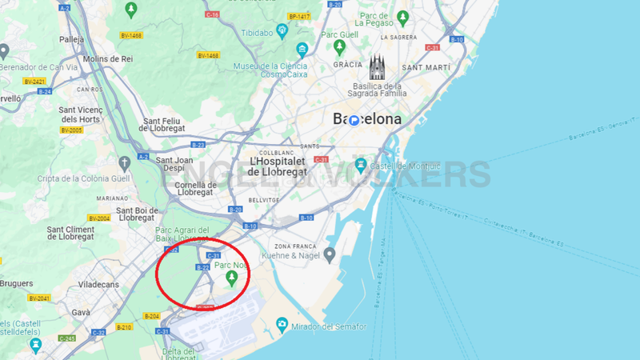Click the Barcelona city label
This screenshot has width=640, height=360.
[367, 119]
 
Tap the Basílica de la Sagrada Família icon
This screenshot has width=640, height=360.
[378, 67]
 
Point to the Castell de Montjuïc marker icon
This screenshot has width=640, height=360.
[361, 165]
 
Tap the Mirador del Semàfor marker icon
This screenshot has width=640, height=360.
[282, 324]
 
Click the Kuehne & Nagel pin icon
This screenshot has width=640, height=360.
[329, 254]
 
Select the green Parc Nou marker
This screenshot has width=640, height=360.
[232, 278]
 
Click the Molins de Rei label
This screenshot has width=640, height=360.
[106, 58]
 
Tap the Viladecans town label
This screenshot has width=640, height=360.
[100, 283]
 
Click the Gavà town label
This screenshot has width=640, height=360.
[59, 312]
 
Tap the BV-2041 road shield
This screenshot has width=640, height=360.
[38, 298]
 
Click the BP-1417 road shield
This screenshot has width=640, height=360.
[299, 16]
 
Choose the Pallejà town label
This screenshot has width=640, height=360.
[71, 38]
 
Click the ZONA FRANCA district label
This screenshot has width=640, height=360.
[294, 246]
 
